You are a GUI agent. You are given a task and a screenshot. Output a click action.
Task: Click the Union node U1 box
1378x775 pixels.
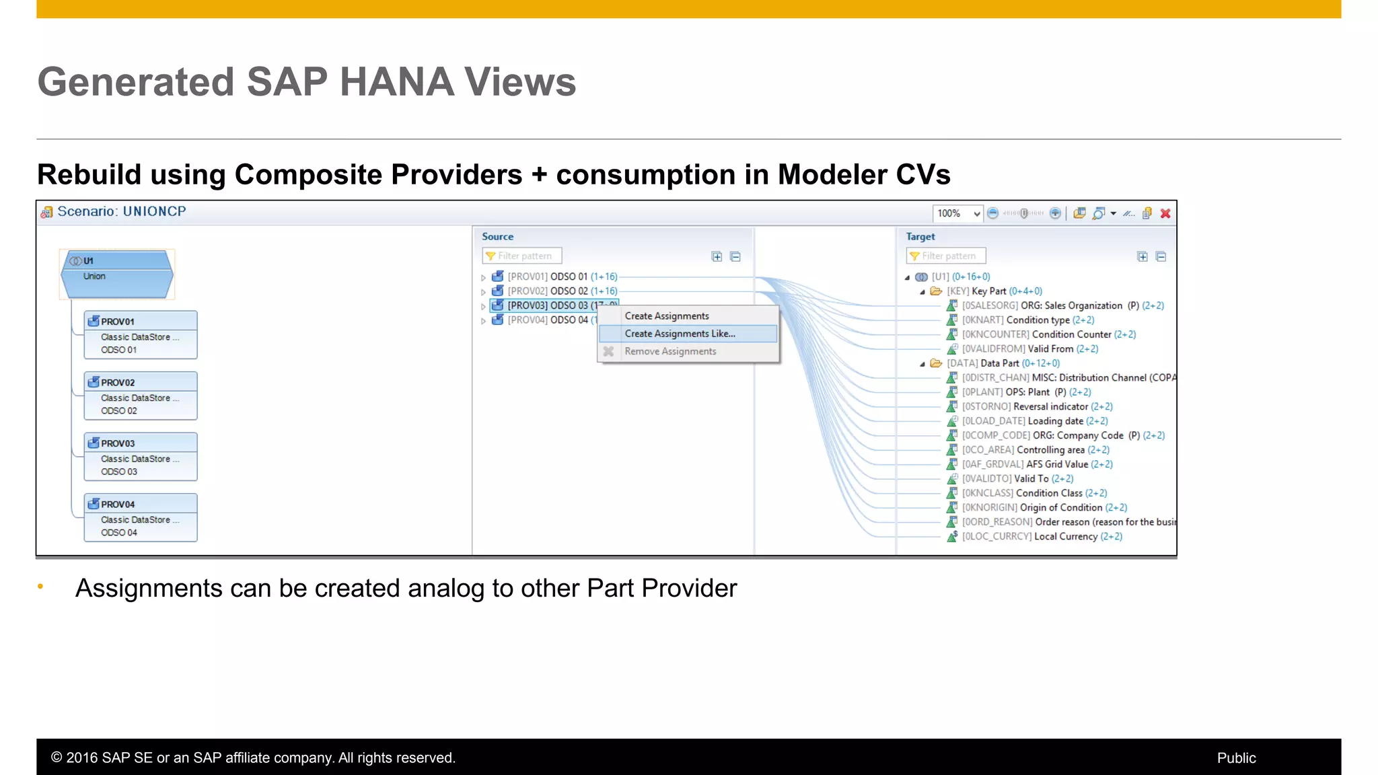117,274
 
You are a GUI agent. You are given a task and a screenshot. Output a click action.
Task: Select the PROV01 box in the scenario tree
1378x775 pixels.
141,334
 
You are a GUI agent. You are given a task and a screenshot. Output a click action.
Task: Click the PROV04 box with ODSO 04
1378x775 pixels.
141,517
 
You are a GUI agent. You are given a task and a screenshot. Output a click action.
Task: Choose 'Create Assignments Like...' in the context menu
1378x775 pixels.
680,334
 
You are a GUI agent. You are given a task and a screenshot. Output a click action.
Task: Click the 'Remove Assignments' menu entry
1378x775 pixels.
670,351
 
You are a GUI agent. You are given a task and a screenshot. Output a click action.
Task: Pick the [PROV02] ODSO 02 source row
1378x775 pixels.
562,291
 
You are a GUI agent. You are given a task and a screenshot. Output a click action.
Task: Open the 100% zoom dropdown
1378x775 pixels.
976,214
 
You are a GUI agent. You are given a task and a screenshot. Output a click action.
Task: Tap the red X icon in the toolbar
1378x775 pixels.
1165,214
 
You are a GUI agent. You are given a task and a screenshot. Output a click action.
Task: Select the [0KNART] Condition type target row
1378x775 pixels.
1027,320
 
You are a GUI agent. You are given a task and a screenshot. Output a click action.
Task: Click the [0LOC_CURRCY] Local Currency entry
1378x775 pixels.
1041,537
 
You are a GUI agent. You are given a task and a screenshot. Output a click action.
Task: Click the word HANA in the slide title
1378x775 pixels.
396,82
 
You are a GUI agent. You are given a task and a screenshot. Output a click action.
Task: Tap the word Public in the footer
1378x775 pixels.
1236,758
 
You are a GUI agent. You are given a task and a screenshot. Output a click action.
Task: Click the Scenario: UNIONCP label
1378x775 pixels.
121,212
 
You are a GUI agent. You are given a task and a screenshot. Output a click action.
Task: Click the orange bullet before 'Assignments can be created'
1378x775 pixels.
40,587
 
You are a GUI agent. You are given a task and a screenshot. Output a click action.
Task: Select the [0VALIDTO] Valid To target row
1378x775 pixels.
1017,479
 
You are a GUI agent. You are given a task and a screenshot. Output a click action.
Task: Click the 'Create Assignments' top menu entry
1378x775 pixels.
666,316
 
